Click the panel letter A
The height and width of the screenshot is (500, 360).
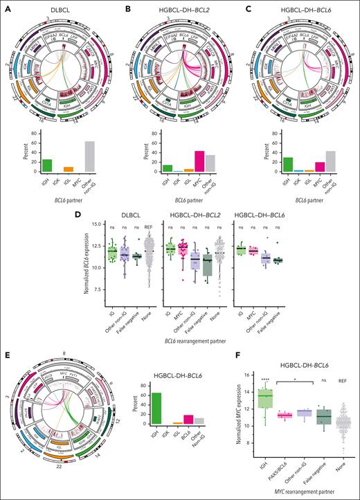[x=5, y=6]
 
